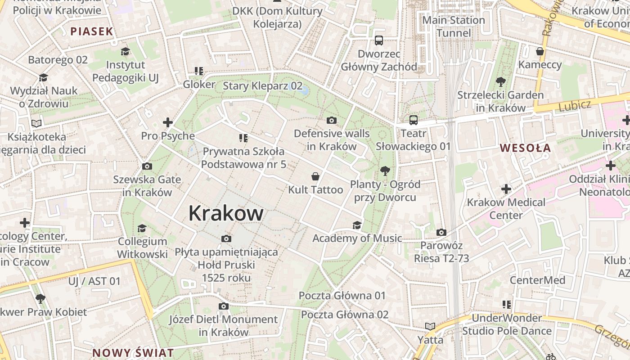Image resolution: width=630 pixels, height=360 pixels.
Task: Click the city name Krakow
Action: pyautogui.click(x=226, y=213)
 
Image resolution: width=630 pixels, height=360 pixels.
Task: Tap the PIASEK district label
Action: pyautogui.click(x=91, y=31)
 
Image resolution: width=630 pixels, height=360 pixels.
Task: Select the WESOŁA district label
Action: pyautogui.click(x=525, y=148)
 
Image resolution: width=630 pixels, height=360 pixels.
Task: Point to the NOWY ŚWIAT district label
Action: pyautogui.click(x=133, y=352)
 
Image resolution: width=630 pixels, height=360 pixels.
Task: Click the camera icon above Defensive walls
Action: pyautogui.click(x=332, y=120)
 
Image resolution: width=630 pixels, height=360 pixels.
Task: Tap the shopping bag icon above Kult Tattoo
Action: pyautogui.click(x=316, y=176)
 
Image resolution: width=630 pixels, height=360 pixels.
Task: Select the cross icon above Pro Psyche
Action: pyautogui.click(x=168, y=122)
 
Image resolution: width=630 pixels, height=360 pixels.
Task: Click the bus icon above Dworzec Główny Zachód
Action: pyautogui.click(x=379, y=40)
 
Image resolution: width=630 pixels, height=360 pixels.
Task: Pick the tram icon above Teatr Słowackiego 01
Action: pyautogui.click(x=414, y=120)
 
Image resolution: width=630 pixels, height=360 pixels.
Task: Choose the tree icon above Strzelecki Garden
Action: pyautogui.click(x=500, y=81)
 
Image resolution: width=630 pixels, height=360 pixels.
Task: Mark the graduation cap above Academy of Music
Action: pyautogui.click(x=357, y=225)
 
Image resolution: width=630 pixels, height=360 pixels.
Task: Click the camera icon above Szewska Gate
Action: pyautogui.click(x=147, y=166)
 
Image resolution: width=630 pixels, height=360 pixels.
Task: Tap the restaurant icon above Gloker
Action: pyautogui.click(x=199, y=71)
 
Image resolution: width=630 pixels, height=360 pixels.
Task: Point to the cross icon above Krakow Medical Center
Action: pyautogui.click(x=506, y=189)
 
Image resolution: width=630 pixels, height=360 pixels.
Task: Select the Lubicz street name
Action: pyautogui.click(x=575, y=106)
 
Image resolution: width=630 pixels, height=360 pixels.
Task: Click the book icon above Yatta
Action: pyautogui.click(x=430, y=326)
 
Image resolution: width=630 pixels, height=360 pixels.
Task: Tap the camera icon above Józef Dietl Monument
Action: pyautogui.click(x=224, y=306)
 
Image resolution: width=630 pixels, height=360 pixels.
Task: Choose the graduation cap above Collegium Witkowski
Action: pyautogui.click(x=142, y=228)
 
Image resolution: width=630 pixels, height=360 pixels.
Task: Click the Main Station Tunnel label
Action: pyautogui.click(x=454, y=26)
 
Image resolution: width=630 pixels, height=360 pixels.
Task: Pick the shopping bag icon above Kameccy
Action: pyautogui.click(x=540, y=51)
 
